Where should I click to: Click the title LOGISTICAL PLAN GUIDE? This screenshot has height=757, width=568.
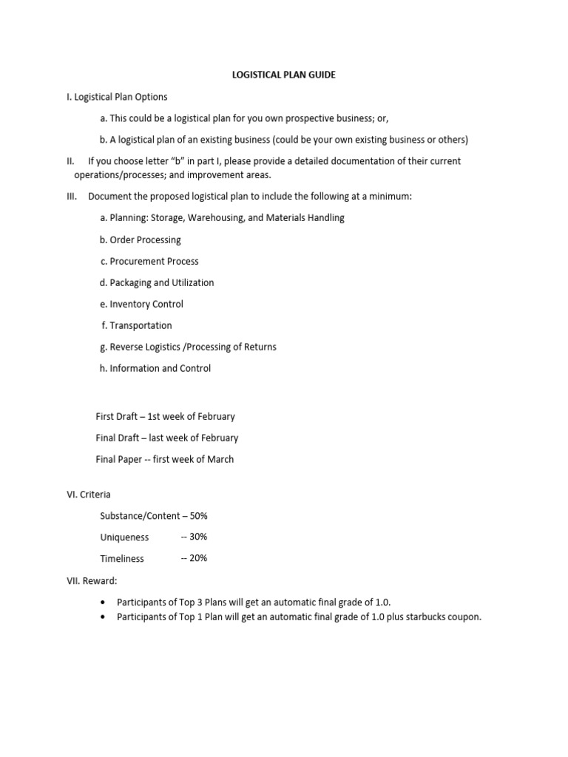click(283, 75)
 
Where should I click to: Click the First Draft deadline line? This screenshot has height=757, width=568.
click(165, 417)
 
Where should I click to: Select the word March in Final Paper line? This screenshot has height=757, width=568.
click(220, 459)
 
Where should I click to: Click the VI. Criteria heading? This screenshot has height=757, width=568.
click(89, 495)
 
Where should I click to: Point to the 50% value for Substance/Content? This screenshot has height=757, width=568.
click(199, 516)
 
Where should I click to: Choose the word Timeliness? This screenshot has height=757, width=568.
click(122, 559)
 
